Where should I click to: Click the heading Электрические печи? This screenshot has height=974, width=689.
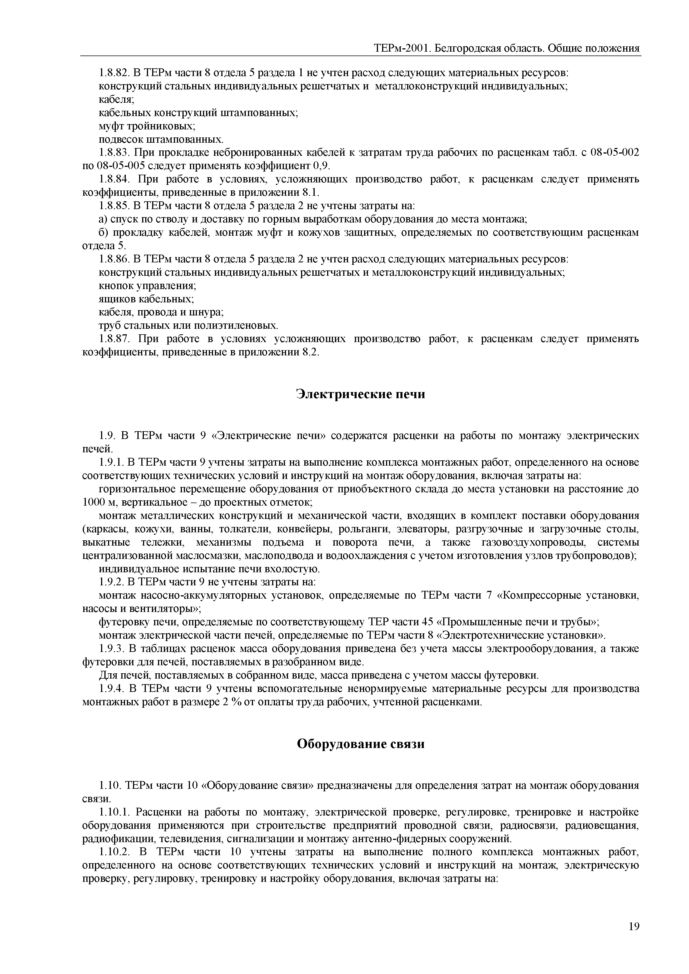[x=360, y=394]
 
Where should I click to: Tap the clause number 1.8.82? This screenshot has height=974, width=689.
[x=113, y=73]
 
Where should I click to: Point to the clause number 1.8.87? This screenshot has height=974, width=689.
[x=113, y=339]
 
